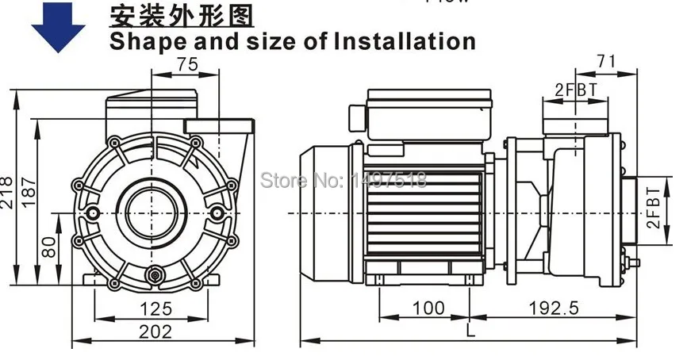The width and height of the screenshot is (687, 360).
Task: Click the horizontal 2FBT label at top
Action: [575, 90]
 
